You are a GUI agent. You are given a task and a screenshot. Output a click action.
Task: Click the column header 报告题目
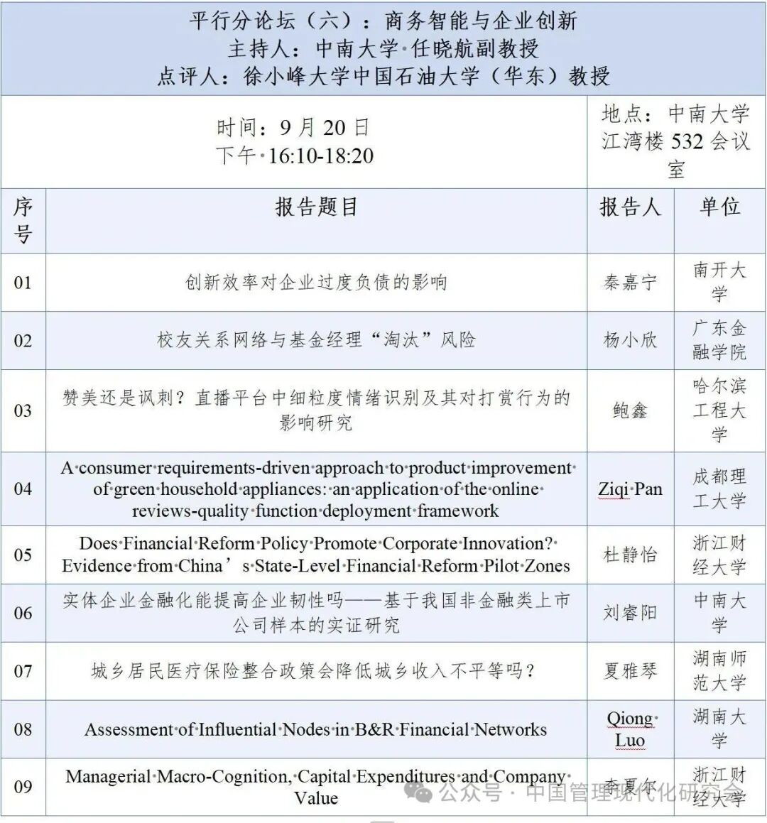click(316, 207)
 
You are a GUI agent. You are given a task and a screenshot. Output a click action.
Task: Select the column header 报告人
click(630, 207)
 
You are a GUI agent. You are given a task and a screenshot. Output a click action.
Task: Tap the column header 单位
click(719, 207)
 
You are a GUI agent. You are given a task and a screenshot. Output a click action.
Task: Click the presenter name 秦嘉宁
click(630, 283)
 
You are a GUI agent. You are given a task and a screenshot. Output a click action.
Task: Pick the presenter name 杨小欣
click(630, 340)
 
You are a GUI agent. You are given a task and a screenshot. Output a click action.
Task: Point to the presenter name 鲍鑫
click(630, 410)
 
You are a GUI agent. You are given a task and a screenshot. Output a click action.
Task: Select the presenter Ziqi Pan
click(630, 489)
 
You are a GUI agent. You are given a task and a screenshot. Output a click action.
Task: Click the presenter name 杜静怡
click(630, 555)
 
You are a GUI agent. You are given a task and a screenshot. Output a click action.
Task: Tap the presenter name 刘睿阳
click(630, 612)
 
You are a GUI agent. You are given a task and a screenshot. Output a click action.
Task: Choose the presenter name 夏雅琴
click(630, 670)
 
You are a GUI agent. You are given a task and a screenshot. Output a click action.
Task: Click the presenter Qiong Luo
click(630, 729)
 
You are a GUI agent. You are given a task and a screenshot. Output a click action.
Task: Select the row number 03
click(23, 410)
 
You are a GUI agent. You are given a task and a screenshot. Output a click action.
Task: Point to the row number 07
click(23, 670)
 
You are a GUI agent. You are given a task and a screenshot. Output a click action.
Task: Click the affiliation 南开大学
click(719, 282)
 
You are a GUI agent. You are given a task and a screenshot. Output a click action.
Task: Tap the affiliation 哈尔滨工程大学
click(719, 410)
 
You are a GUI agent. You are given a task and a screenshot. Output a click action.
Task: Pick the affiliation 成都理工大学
click(719, 489)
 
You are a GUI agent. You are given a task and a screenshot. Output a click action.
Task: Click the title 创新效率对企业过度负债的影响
click(316, 283)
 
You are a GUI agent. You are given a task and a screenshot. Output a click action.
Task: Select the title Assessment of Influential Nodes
click(316, 729)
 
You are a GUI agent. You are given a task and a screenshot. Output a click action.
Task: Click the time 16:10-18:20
click(320, 156)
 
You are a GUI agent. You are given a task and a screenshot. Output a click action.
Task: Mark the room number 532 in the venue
click(687, 141)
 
